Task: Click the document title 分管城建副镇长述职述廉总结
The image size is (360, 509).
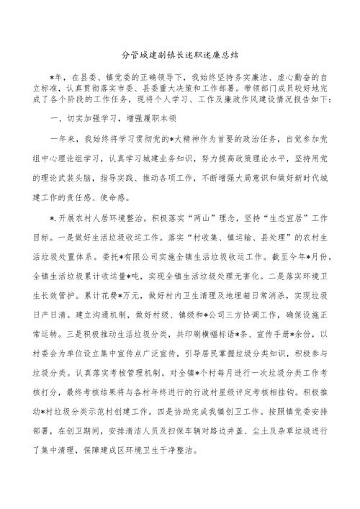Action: [x=179, y=53]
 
